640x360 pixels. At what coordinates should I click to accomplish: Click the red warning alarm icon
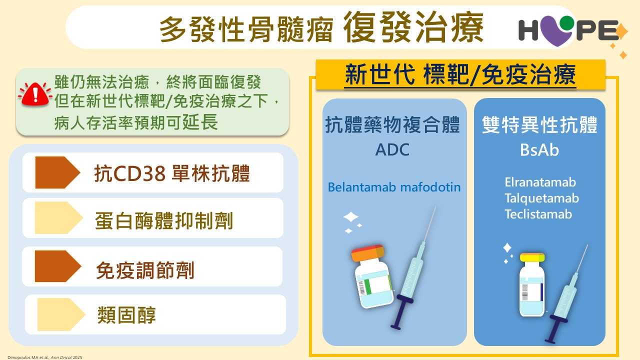point(35,94)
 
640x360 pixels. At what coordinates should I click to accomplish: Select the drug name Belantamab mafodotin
point(394,187)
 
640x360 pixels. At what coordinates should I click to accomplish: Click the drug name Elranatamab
point(540,182)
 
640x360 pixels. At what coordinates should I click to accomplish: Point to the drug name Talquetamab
point(541,198)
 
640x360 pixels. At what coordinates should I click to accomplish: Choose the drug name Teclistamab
point(538,214)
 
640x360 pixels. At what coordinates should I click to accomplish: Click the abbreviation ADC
point(392,149)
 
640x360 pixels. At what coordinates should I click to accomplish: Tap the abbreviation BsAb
point(539,149)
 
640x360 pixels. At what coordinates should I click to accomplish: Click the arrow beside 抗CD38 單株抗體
point(57,172)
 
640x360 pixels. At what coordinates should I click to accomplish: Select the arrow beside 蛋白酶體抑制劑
point(58,217)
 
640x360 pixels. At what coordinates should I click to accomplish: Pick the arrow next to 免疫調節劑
point(58,266)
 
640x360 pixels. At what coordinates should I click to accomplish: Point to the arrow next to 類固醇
point(61,314)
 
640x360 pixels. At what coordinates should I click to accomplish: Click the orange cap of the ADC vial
point(368,252)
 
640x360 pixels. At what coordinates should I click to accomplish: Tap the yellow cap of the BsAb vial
point(532,257)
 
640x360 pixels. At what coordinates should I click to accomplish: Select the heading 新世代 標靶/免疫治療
point(460,74)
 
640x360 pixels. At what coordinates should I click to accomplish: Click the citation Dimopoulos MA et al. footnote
point(45,357)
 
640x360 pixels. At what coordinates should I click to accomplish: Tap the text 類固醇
point(126,315)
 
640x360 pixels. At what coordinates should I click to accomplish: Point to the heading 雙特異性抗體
point(539,125)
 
